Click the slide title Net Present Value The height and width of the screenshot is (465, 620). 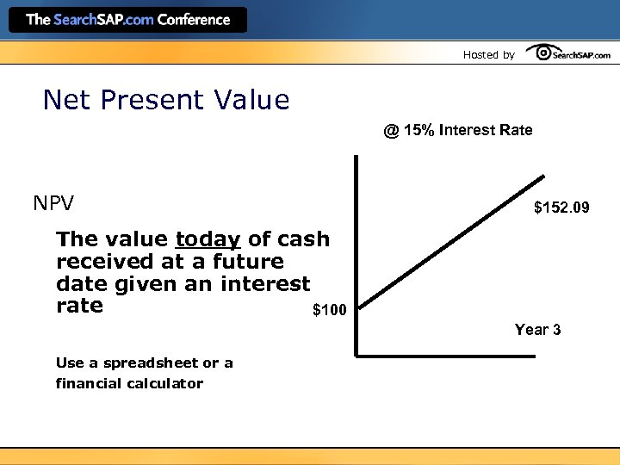tap(166, 101)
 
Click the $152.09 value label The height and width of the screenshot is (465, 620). tap(561, 208)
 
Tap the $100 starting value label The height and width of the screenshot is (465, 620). tap(329, 310)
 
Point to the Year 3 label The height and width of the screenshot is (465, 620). tap(537, 330)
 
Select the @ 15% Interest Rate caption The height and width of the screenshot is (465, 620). tap(458, 131)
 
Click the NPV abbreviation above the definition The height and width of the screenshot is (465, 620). tap(53, 204)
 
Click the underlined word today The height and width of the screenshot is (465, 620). tap(208, 239)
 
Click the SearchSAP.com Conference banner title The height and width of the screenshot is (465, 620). tap(127, 20)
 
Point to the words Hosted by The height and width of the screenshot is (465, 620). tap(488, 55)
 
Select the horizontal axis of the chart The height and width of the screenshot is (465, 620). tap(448, 354)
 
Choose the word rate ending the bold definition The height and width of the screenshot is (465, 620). tap(79, 307)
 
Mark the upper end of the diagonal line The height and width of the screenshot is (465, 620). tap(542, 178)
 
